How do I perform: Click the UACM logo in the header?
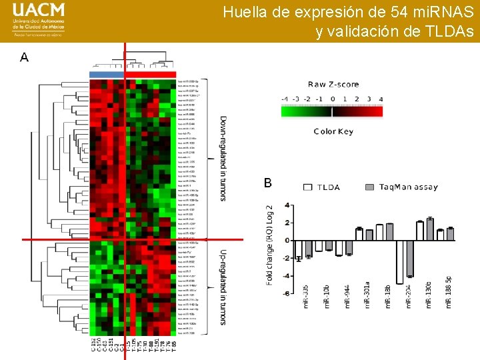coord(39,21)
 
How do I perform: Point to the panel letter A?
coord(25,58)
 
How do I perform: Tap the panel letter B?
coord(268,183)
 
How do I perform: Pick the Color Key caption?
coord(333,131)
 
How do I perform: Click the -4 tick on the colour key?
coord(285,99)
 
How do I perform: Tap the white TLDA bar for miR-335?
coord(299,249)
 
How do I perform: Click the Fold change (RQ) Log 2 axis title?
coord(270,243)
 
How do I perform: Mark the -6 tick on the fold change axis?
coord(287,293)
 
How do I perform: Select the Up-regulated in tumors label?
coord(223,287)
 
